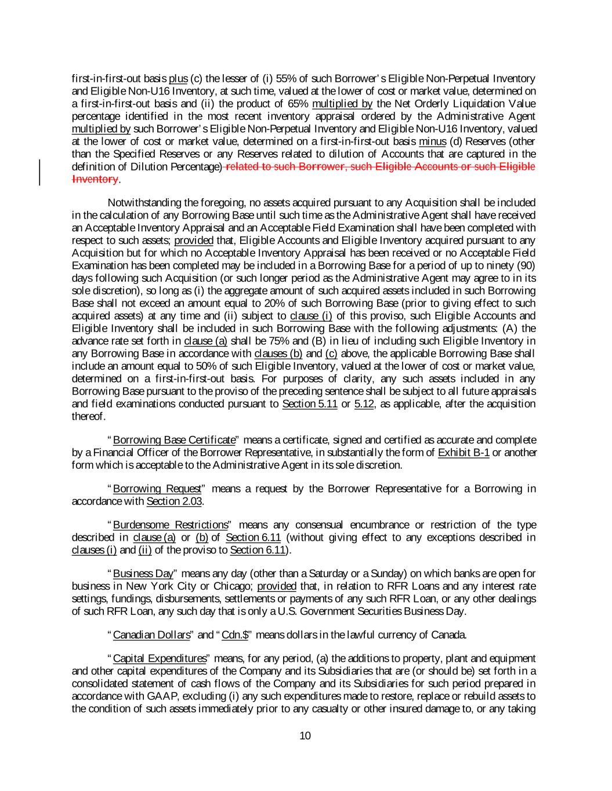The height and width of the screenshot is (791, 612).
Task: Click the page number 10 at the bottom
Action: pyautogui.click(x=306, y=736)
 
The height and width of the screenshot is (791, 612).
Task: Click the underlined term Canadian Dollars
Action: pyautogui.click(x=151, y=635)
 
